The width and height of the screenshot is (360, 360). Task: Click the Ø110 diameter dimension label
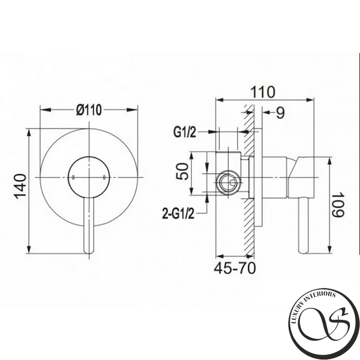[89, 110]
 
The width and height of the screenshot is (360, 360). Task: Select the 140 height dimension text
[20, 186]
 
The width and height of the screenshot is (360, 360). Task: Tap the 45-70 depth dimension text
[235, 268]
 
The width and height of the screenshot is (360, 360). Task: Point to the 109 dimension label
[338, 205]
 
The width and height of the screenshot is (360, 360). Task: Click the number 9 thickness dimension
[280, 113]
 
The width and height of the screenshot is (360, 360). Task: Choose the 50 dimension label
[182, 171]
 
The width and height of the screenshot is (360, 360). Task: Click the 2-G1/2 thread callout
[178, 213]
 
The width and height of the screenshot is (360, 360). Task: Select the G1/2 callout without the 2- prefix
[185, 133]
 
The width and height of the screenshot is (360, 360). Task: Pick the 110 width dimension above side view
[262, 92]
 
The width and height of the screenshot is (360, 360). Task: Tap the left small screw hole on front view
[73, 177]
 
